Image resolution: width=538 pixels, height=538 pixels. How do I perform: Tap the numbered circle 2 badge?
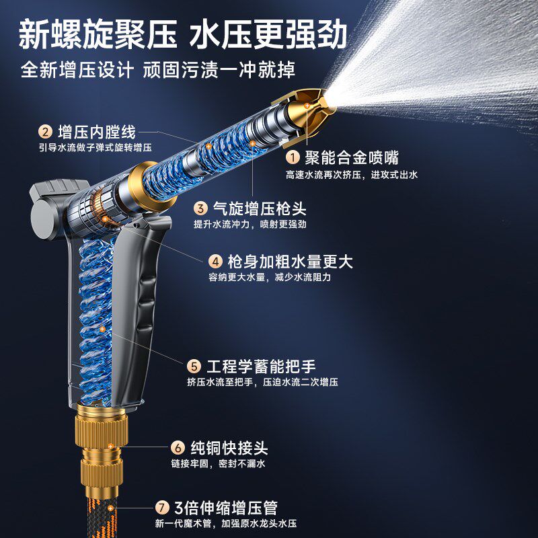click(x=46, y=132)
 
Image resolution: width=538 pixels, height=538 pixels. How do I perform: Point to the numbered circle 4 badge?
click(x=215, y=261)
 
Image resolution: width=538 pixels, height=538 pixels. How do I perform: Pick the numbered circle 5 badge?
click(x=194, y=367)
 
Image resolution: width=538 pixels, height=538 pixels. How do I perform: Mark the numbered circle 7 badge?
click(x=161, y=508)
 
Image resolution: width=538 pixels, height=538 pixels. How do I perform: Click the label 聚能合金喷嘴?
click(x=351, y=158)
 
